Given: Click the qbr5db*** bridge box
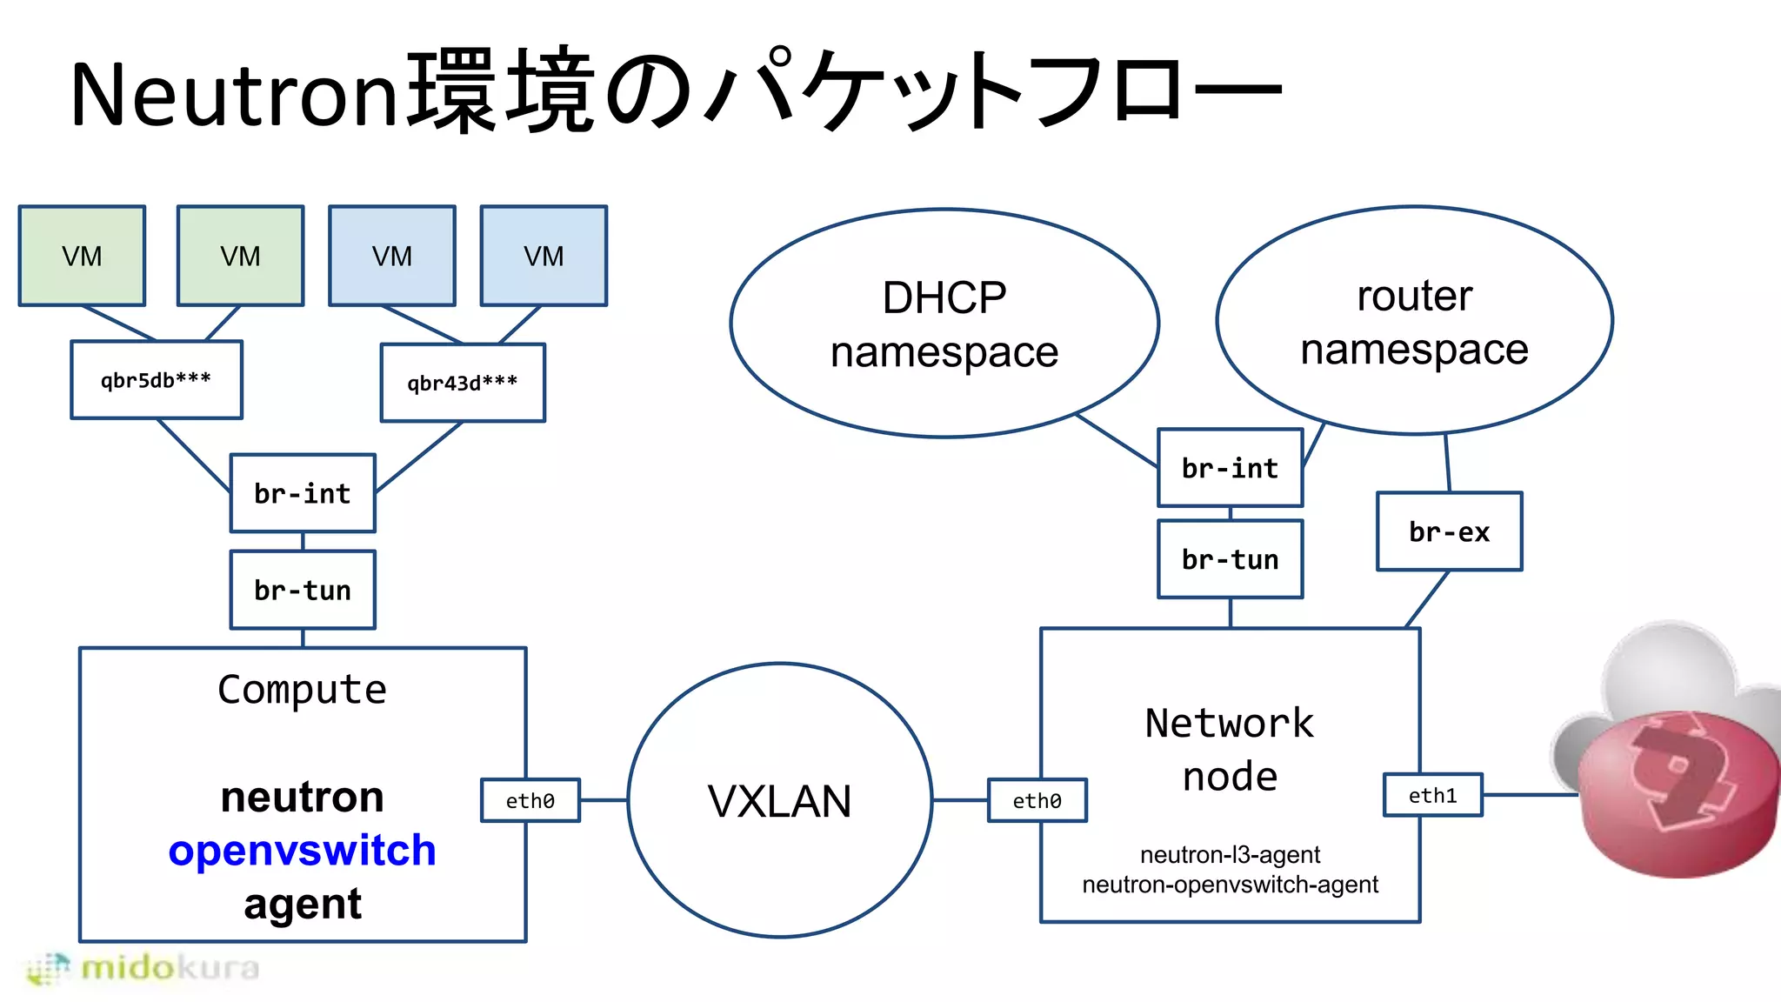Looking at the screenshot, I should [157, 380].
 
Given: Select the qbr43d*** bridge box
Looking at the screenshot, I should [463, 383].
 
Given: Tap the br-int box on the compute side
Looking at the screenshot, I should [303, 493].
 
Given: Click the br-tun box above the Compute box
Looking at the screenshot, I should [303, 590].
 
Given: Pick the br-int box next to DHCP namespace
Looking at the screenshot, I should [1230, 468].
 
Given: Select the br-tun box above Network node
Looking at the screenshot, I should [1230, 559].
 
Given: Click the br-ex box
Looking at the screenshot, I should [1449, 531].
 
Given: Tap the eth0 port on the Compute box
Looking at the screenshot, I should [530, 800].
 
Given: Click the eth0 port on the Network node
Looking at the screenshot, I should [1037, 800].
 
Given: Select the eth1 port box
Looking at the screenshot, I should [1432, 795].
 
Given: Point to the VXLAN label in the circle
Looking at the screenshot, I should [779, 801].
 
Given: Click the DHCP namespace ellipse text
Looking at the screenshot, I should [944, 324].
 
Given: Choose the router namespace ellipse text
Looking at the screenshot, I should [1414, 322].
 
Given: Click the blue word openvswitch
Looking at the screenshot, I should [303, 850].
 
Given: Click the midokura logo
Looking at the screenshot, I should [143, 968].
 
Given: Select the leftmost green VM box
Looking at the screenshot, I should [82, 256].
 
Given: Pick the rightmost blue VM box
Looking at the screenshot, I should [544, 256].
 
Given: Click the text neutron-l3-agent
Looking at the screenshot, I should [1230, 855].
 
